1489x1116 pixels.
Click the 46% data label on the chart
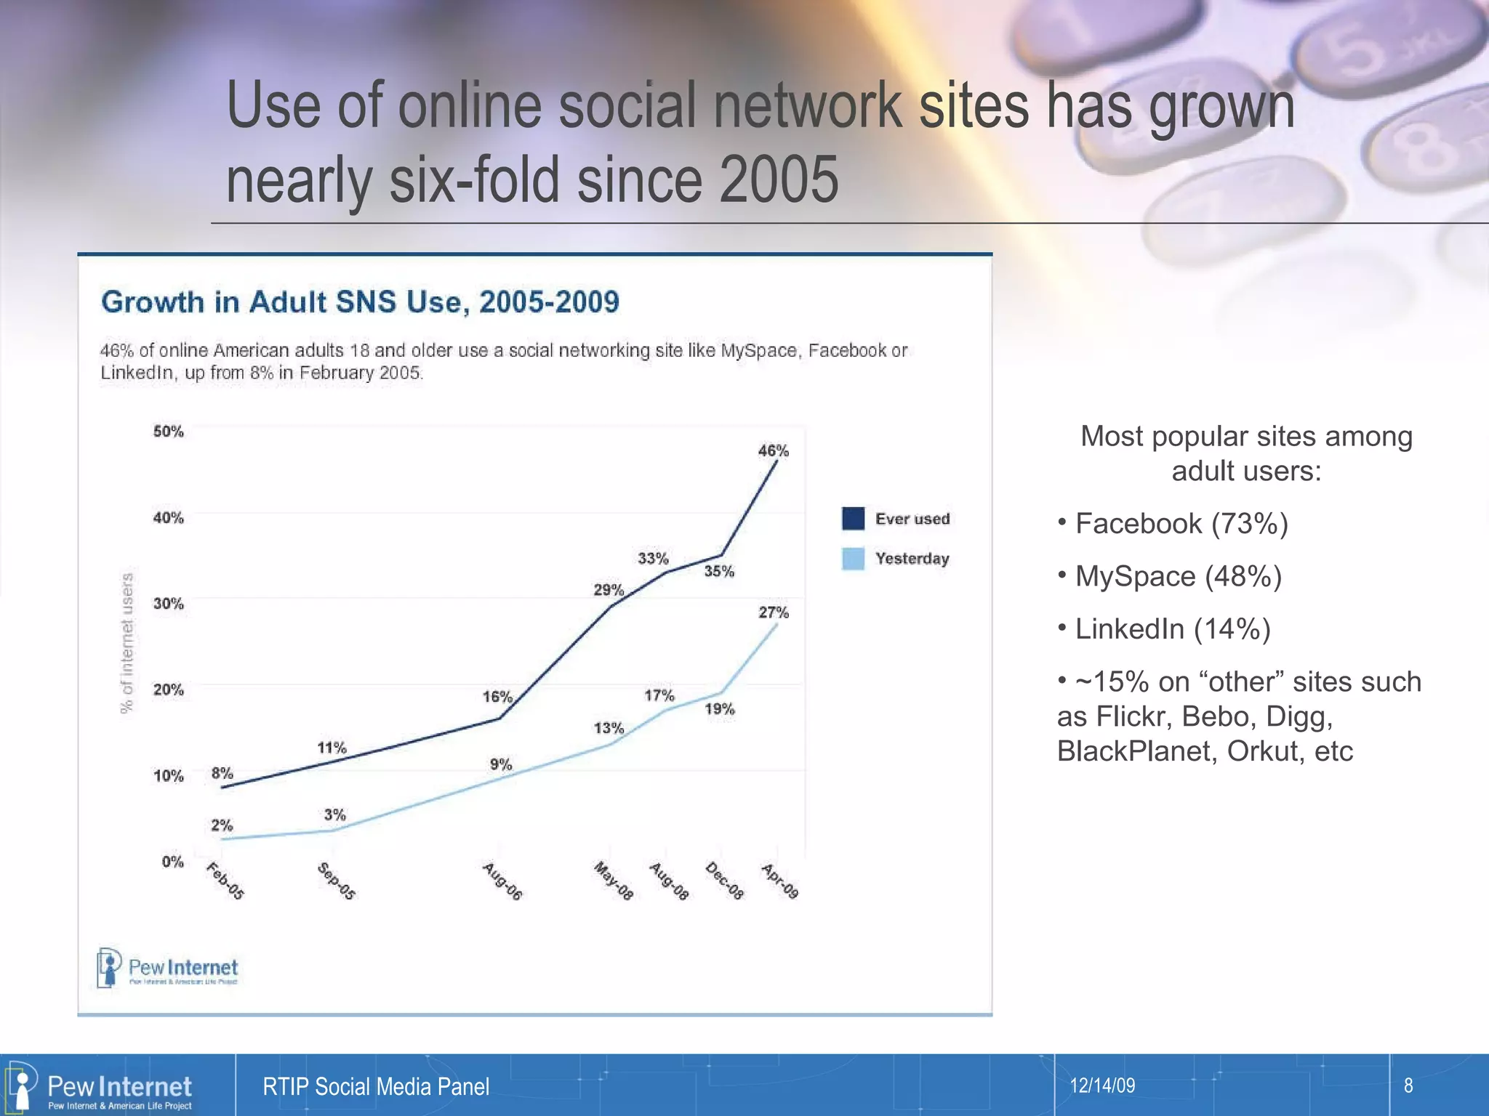[x=773, y=450]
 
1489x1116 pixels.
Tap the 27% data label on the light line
[x=774, y=612]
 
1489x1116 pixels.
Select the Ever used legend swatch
[x=853, y=519]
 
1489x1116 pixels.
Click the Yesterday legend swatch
[x=853, y=559]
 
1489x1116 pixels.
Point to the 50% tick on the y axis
[x=168, y=432]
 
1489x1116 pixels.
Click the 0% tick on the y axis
[x=172, y=862]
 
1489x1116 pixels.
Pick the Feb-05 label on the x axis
[x=225, y=881]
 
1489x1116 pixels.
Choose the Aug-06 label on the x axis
[x=502, y=881]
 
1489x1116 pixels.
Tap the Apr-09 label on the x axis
[x=780, y=881]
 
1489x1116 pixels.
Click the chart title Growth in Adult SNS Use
[x=360, y=302]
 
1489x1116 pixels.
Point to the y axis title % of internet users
[x=127, y=643]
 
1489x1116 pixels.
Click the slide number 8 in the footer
[x=1408, y=1085]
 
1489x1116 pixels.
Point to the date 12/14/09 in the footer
[x=1102, y=1085]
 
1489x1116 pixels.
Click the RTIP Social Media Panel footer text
[x=376, y=1087]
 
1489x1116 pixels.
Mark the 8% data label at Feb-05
[x=222, y=773]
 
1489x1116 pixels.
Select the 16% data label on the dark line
[x=497, y=697]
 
